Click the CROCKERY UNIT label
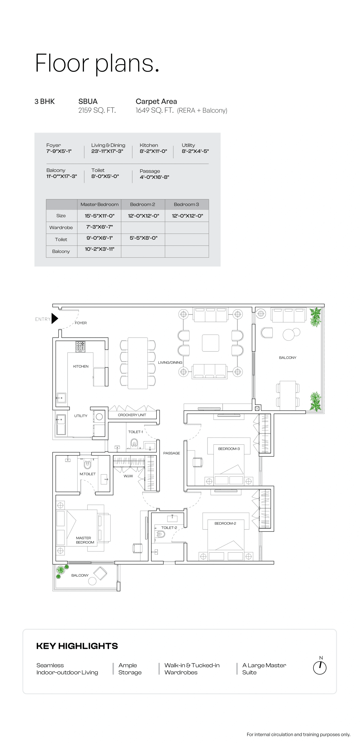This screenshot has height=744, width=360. (x=132, y=415)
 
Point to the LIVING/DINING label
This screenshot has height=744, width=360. (x=170, y=362)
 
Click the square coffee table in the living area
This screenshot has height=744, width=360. (x=211, y=343)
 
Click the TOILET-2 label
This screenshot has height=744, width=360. (x=169, y=527)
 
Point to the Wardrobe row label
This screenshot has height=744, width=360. (x=61, y=228)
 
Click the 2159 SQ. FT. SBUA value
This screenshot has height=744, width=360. (x=97, y=110)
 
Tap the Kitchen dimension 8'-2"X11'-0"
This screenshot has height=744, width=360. (x=153, y=151)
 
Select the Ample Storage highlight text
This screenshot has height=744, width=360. (x=130, y=669)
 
